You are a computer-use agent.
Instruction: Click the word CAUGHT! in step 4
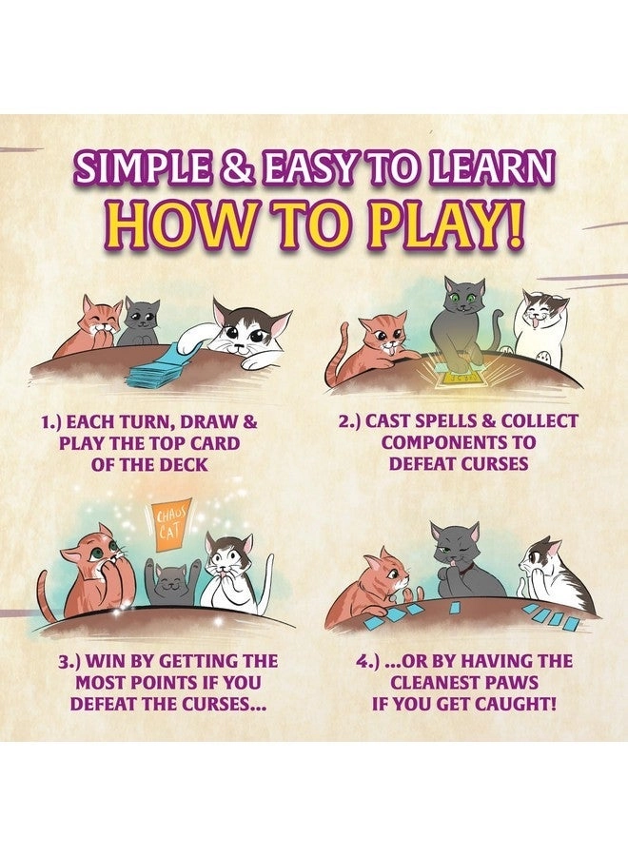coord(526,704)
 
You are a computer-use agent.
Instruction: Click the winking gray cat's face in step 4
coord(454,549)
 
